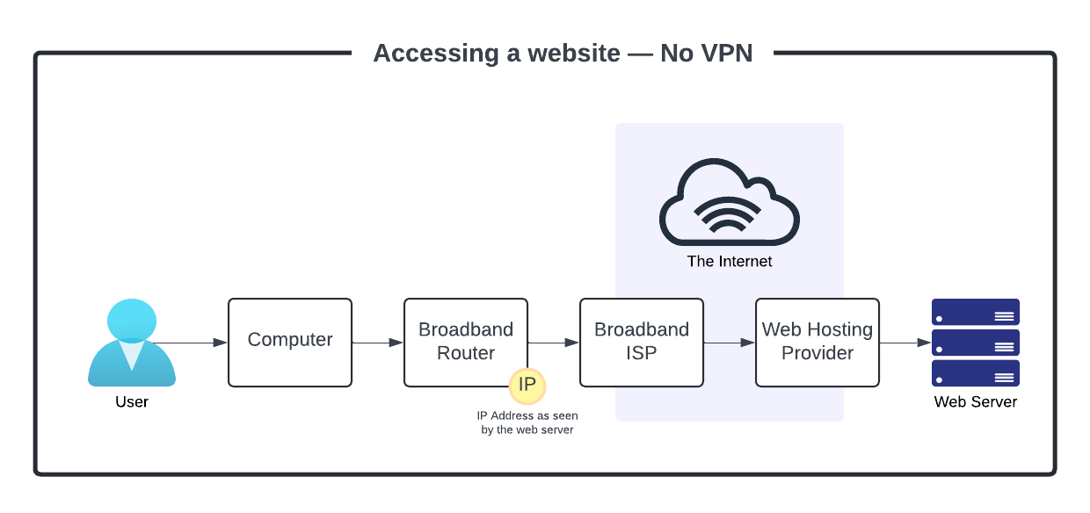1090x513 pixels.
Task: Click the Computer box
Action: coord(290,343)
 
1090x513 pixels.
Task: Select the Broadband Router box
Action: coord(466,342)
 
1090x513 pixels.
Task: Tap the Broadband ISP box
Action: coord(642,342)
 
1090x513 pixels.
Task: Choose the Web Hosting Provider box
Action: coord(817,342)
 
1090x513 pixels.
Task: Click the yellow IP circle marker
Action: coord(527,385)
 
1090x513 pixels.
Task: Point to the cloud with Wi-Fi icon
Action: coord(730,203)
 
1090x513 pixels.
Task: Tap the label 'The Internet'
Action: coord(730,262)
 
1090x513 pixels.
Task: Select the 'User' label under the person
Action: coord(132,402)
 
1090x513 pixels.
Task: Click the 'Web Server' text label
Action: coord(976,402)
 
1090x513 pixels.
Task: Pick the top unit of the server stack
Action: coord(976,313)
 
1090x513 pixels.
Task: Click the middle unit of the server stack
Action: coord(976,343)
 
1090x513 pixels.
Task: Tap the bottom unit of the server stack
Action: coord(976,373)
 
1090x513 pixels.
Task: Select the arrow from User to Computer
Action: coord(189,343)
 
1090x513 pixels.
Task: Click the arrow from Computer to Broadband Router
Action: coord(378,343)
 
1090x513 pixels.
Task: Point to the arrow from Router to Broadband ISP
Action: coord(554,343)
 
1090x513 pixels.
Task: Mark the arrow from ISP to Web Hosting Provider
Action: coord(730,343)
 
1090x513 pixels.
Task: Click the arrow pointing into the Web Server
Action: coord(905,343)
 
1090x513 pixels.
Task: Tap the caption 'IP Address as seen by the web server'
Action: coord(527,423)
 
